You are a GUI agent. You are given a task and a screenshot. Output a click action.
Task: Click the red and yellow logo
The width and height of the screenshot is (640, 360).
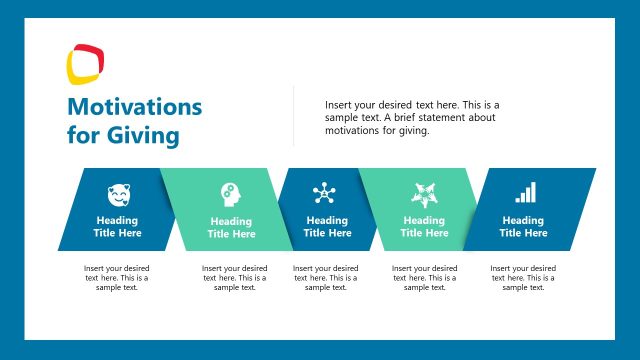click(x=86, y=64)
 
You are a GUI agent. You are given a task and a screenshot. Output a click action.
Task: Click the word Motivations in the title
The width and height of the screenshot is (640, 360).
click(x=134, y=108)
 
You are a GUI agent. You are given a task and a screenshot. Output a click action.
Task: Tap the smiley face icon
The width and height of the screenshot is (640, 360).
click(x=118, y=193)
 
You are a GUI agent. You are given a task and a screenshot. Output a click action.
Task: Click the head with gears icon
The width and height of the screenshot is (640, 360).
click(x=231, y=193)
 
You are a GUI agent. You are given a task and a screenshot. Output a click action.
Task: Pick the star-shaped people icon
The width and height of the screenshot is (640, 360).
click(x=424, y=193)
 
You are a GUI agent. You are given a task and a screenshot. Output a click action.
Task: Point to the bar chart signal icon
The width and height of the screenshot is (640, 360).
click(x=524, y=193)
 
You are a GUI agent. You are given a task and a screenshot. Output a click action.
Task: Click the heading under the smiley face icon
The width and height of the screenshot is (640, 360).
click(x=118, y=227)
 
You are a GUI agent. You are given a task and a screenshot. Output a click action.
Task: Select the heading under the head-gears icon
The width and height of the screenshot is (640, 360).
click(x=231, y=228)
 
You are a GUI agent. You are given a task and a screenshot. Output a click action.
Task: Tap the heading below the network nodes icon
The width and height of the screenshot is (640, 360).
click(x=327, y=227)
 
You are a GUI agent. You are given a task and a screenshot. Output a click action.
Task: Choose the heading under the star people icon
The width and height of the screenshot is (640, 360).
click(x=424, y=227)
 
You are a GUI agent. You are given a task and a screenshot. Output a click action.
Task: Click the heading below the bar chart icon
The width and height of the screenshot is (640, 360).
click(x=524, y=227)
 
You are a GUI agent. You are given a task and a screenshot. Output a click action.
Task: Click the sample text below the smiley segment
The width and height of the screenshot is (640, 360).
click(x=118, y=278)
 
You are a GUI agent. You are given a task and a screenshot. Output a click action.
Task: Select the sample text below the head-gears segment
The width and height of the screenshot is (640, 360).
click(x=235, y=278)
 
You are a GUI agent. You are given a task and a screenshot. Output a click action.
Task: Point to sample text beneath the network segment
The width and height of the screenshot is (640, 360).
click(x=326, y=278)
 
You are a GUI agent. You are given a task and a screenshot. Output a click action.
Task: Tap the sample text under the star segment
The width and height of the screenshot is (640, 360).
click(x=425, y=278)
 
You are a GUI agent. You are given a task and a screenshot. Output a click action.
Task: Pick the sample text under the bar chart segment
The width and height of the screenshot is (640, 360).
click(x=523, y=278)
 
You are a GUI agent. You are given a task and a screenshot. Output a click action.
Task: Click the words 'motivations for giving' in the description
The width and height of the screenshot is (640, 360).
click(x=377, y=131)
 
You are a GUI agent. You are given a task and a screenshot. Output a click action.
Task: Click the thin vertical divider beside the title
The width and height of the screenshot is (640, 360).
click(x=293, y=116)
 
